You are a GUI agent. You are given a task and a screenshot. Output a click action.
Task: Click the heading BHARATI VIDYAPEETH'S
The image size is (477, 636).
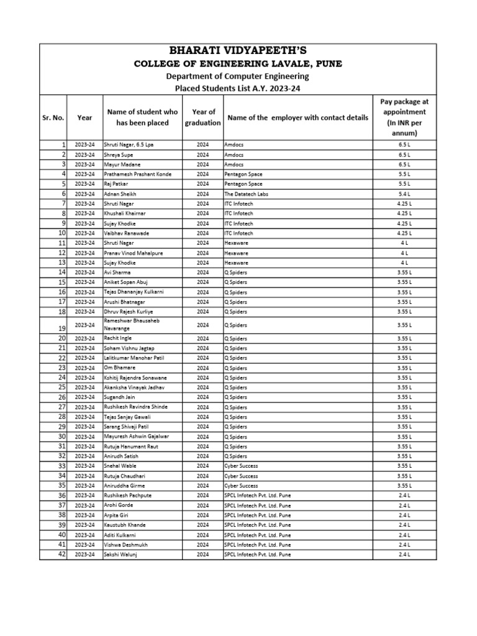tap(238, 50)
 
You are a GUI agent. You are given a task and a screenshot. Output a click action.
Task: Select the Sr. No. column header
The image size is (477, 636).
tap(53, 117)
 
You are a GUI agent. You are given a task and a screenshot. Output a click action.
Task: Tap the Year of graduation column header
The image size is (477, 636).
tap(202, 117)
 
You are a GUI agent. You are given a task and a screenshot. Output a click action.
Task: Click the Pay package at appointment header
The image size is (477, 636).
tap(404, 117)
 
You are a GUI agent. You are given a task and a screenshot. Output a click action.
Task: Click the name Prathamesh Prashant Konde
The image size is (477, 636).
tap(137, 175)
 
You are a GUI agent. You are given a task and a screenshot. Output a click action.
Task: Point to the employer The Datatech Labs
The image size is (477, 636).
tap(246, 194)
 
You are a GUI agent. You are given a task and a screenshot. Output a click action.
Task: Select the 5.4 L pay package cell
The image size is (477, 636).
tap(404, 194)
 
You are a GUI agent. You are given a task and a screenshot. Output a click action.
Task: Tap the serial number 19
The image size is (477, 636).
tap(61, 328)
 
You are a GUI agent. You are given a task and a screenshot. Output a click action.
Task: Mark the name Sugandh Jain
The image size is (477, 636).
tap(120, 397)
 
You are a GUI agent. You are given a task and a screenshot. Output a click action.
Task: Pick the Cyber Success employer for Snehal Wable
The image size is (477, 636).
tap(241, 466)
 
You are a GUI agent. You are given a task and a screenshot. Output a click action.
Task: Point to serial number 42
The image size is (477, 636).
tap(61, 555)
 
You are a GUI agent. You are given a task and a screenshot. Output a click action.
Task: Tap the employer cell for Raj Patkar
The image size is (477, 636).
tap(243, 184)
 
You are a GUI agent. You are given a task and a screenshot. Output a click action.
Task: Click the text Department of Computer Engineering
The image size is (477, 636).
tap(238, 76)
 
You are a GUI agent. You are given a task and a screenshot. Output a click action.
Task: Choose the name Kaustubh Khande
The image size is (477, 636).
tap(125, 525)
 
